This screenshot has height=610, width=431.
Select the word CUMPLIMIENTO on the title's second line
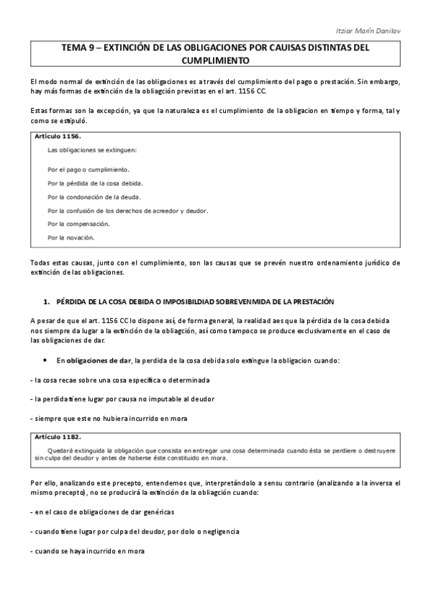tap(214, 62)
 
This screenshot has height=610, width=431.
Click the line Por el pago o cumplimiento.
tap(88, 169)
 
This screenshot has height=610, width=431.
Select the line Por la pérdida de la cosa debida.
tap(95, 183)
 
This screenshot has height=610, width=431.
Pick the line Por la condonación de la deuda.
tap(94, 196)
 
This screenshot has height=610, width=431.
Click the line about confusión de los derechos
tap(127, 210)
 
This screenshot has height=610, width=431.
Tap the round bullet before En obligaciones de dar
tap(45, 359)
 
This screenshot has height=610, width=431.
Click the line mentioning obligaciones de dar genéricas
tap(104, 511)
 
